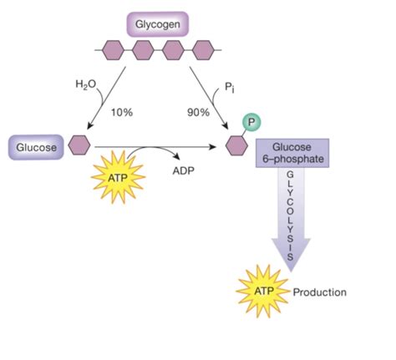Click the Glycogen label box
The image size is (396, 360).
click(x=158, y=24)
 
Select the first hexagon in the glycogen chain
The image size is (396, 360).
click(x=113, y=50)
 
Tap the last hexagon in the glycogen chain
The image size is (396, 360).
click(x=203, y=50)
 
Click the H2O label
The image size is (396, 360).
click(x=85, y=84)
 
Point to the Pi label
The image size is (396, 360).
click(x=230, y=88)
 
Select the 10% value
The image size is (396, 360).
click(x=122, y=113)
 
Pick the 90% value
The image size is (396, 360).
click(x=198, y=113)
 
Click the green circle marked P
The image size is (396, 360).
click(x=251, y=122)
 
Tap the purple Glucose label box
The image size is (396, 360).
click(x=36, y=147)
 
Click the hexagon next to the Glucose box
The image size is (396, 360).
click(x=79, y=145)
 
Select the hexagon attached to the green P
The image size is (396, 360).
click(x=236, y=145)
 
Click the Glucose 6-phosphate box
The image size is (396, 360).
click(x=292, y=153)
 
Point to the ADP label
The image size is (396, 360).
click(x=183, y=170)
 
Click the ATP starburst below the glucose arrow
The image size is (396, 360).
click(x=119, y=177)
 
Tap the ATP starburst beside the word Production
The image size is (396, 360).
click(x=263, y=292)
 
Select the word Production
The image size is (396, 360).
click(x=320, y=292)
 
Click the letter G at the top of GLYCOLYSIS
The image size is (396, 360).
click(x=290, y=175)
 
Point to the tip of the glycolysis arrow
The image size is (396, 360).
click(x=291, y=271)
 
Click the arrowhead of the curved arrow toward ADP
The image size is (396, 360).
click(x=176, y=156)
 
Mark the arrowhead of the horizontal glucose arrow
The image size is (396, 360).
click(x=213, y=146)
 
